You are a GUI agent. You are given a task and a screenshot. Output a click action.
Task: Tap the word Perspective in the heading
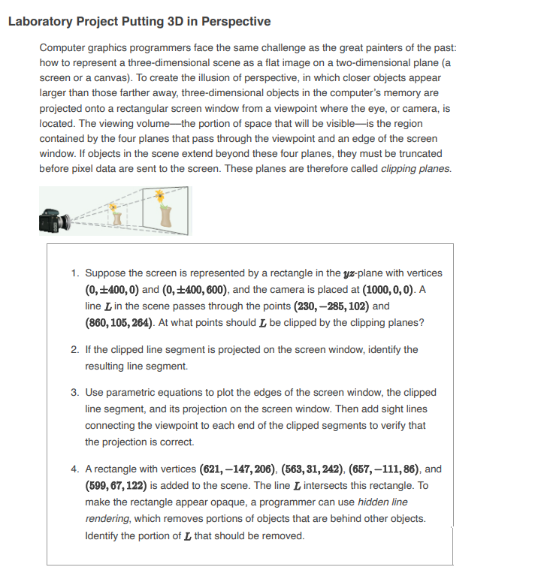[233, 21]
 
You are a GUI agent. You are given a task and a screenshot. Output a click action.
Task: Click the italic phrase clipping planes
[416, 168]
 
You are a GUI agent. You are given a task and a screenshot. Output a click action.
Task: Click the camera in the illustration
[53, 220]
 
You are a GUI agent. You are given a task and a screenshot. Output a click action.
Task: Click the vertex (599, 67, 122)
[120, 485]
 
